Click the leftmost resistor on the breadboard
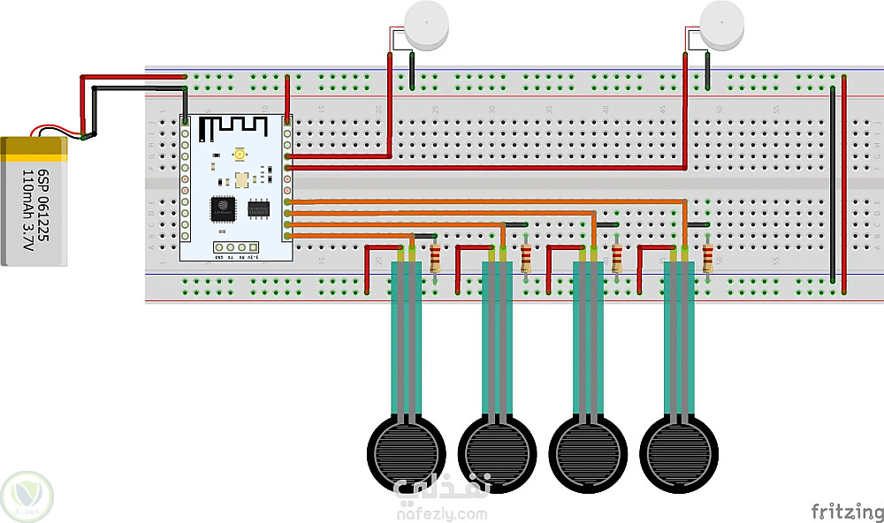pos(435,257)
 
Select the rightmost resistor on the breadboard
pos(707,257)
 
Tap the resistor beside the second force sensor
pos(526,257)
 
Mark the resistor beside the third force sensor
pos(617,257)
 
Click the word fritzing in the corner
pos(846,512)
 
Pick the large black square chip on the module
pos(223,209)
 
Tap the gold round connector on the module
pos(240,155)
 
